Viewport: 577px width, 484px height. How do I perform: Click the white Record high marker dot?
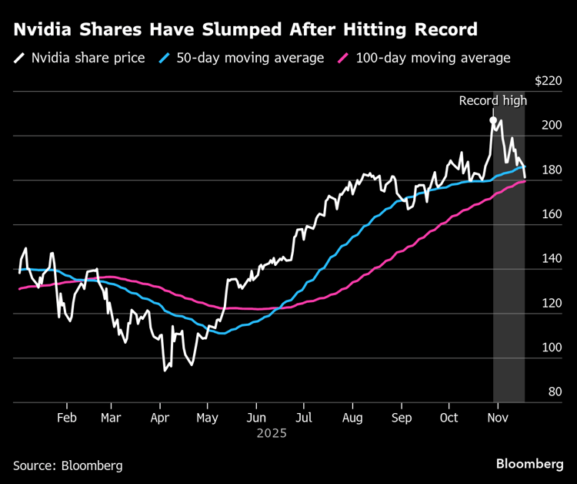[492, 120]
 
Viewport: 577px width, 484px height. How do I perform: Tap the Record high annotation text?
[493, 100]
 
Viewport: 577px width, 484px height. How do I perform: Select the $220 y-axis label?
[549, 81]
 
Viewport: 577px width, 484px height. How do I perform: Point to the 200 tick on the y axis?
[552, 125]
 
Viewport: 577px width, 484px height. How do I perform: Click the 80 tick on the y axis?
[555, 392]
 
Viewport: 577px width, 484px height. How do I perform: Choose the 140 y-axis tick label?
[552, 258]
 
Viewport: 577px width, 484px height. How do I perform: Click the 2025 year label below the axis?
[272, 433]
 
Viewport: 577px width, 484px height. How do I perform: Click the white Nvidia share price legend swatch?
[19, 58]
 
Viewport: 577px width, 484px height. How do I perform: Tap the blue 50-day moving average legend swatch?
[164, 58]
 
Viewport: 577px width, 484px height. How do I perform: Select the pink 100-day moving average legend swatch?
[343, 58]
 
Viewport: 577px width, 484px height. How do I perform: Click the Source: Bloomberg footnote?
[68, 466]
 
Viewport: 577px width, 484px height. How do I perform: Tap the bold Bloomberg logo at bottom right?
[529, 464]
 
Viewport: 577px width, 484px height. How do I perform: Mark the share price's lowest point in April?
[164, 371]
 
